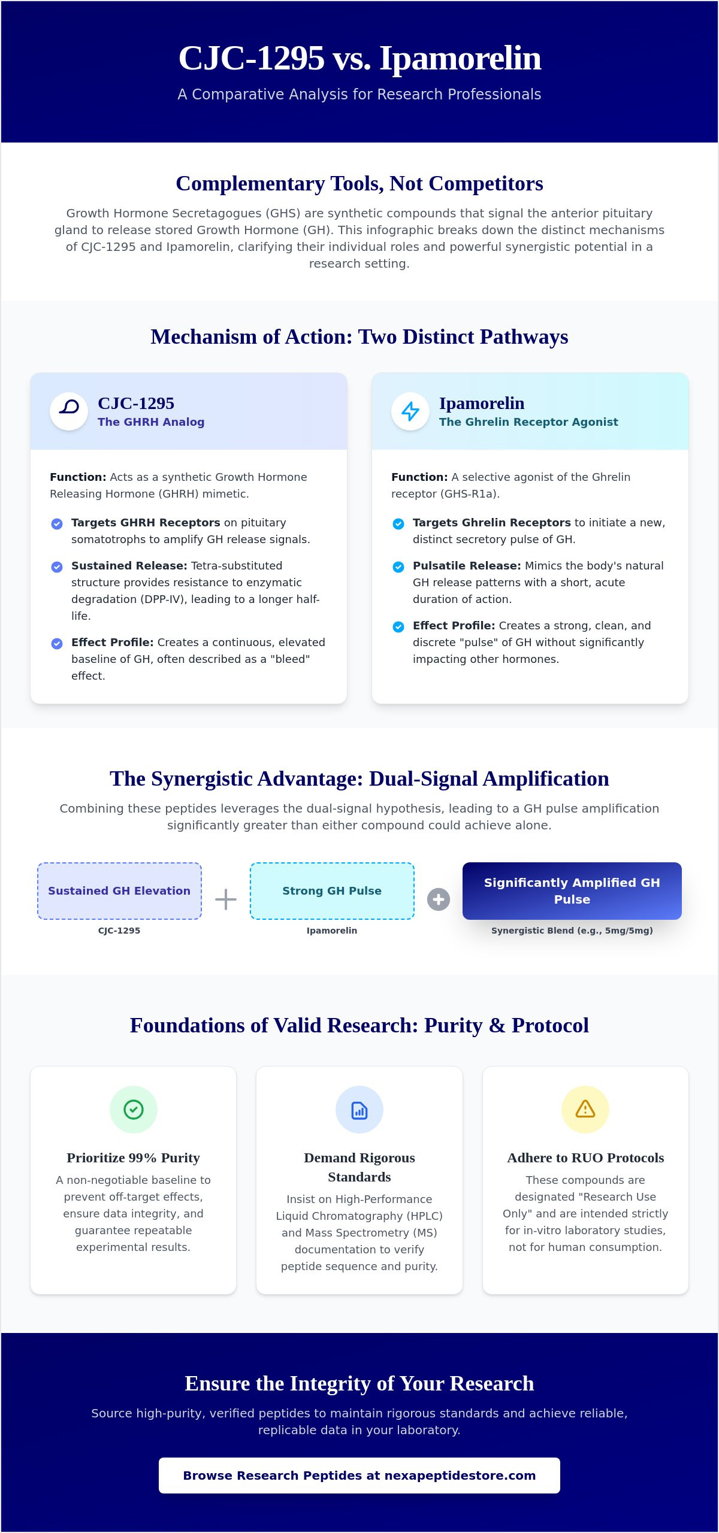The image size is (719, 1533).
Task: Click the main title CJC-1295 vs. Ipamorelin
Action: (359, 58)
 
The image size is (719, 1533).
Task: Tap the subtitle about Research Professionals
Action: (359, 94)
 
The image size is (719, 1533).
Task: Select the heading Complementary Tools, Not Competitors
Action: (359, 183)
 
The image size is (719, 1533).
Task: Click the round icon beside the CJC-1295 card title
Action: (69, 411)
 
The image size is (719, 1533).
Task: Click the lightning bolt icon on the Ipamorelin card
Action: (410, 411)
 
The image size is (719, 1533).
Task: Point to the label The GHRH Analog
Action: (151, 422)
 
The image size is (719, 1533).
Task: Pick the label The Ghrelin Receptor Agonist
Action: (528, 422)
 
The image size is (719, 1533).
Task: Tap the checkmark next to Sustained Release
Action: (57, 566)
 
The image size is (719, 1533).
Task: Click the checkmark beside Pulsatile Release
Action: (398, 566)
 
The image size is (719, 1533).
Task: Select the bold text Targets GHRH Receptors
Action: (146, 522)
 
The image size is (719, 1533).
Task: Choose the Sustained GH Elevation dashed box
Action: (119, 890)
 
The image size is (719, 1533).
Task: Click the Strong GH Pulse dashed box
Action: (332, 890)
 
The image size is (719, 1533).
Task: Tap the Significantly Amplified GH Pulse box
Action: (572, 890)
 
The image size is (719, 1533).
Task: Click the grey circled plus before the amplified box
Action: (439, 899)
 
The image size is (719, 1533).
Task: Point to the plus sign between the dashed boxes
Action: (226, 899)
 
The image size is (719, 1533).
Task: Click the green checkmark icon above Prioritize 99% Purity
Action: (134, 1110)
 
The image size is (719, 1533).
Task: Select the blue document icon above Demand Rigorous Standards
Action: (359, 1110)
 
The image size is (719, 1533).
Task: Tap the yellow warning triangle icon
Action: (585, 1109)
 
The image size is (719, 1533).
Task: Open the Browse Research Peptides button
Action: (359, 1476)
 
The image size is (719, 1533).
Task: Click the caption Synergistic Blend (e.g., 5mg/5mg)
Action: (572, 931)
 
